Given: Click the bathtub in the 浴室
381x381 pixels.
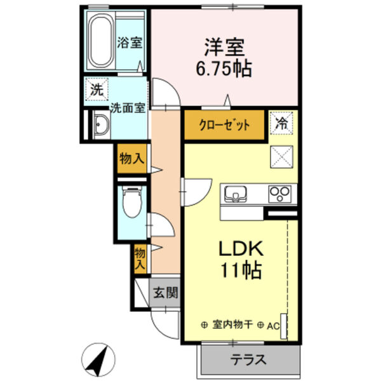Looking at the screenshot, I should coord(100,42).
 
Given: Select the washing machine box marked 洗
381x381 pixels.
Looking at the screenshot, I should coord(96,89).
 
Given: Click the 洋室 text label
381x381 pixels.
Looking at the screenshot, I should coord(224,47).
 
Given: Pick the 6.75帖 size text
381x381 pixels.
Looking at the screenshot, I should coord(224,68).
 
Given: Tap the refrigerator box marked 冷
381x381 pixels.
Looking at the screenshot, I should coord(281,123).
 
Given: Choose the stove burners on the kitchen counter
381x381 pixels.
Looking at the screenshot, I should coord(278,192).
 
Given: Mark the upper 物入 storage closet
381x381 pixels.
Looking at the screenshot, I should coord(131,159).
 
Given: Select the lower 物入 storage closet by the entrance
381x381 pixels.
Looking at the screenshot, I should coord(140,257).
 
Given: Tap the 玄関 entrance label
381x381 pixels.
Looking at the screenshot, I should coord(164,293).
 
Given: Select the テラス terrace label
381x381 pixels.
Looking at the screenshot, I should coord(248,359).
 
